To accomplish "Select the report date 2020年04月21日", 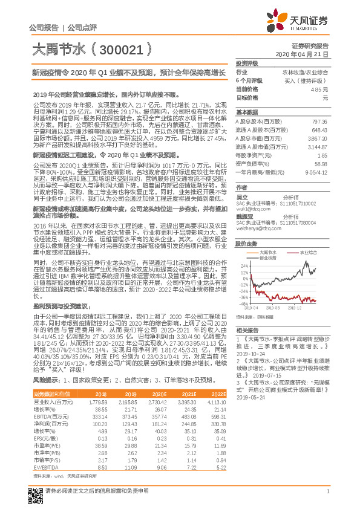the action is [301, 54].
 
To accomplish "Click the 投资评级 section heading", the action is [246, 63].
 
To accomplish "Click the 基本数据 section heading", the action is [246, 113].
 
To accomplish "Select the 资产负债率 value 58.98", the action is [321, 163].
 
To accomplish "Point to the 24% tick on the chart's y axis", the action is [243, 265].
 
